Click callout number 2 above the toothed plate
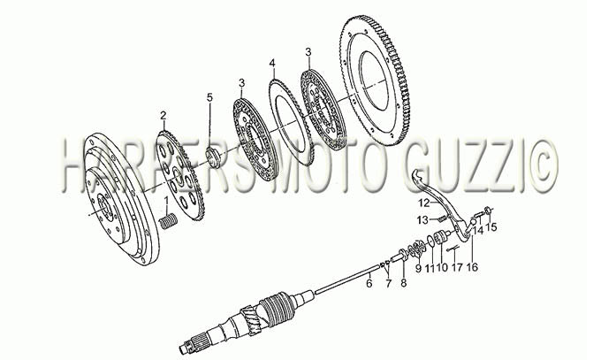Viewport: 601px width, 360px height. click(x=164, y=115)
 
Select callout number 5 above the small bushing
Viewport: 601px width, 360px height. click(x=209, y=97)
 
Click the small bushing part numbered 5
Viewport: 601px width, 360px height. click(x=213, y=156)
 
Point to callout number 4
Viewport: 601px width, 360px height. click(x=272, y=64)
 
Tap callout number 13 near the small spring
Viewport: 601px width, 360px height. click(x=424, y=220)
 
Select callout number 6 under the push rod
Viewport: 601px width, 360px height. click(x=369, y=284)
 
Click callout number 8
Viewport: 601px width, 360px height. click(x=404, y=283)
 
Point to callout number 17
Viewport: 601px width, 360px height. click(x=457, y=267)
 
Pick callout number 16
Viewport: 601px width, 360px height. click(x=472, y=267)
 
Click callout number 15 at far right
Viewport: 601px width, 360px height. click(x=491, y=227)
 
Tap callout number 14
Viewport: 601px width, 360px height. click(x=477, y=231)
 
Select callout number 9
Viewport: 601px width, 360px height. click(x=418, y=267)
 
